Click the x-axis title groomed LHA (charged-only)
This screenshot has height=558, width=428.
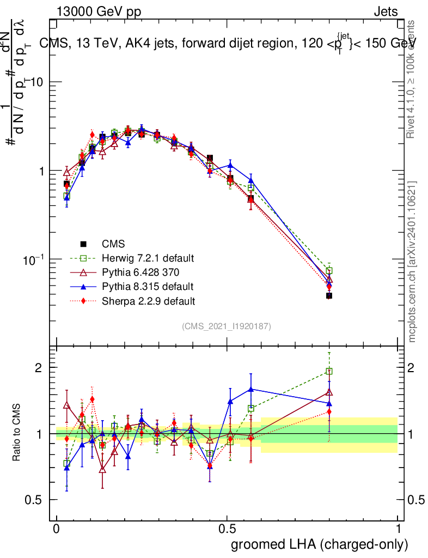320,544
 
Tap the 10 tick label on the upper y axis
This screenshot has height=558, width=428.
36,82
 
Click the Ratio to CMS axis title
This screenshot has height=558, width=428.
18,433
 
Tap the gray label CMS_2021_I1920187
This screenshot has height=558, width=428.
227,326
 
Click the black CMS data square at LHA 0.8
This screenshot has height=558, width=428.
329,296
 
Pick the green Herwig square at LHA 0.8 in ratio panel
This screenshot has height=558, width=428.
329,372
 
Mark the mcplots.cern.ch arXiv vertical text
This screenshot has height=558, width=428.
412,262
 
